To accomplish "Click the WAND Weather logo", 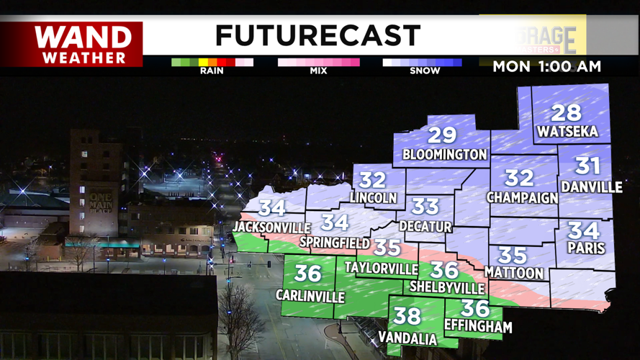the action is (84, 44).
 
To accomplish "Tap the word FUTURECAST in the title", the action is (317, 35).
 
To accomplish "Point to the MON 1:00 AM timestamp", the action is (546, 67).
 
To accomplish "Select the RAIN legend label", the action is (212, 71).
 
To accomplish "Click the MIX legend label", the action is (318, 71).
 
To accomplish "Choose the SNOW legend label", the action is (425, 71).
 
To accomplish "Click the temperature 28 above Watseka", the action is (566, 113).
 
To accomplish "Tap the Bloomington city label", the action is (444, 154).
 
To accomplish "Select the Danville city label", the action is (591, 187).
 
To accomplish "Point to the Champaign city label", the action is (522, 197).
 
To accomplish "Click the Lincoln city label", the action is (373, 197).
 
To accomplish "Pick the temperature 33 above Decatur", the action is (425, 207).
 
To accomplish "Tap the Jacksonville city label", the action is (266, 228).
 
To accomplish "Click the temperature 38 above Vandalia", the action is (407, 315).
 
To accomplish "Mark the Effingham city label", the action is (478, 327).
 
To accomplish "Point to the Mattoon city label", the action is (513, 273).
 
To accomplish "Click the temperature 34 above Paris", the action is (583, 231).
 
